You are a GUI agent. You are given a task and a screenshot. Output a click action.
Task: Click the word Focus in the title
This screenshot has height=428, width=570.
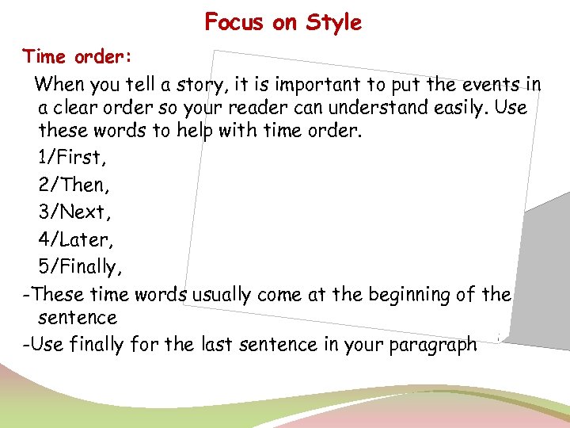(234, 22)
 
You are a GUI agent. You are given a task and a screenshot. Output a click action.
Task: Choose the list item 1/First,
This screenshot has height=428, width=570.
(71, 157)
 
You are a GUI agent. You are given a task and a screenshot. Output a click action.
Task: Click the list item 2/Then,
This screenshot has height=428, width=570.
(71, 185)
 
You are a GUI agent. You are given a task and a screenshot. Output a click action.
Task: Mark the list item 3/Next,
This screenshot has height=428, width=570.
(71, 212)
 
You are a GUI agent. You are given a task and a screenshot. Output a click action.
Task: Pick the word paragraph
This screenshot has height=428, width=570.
(432, 345)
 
